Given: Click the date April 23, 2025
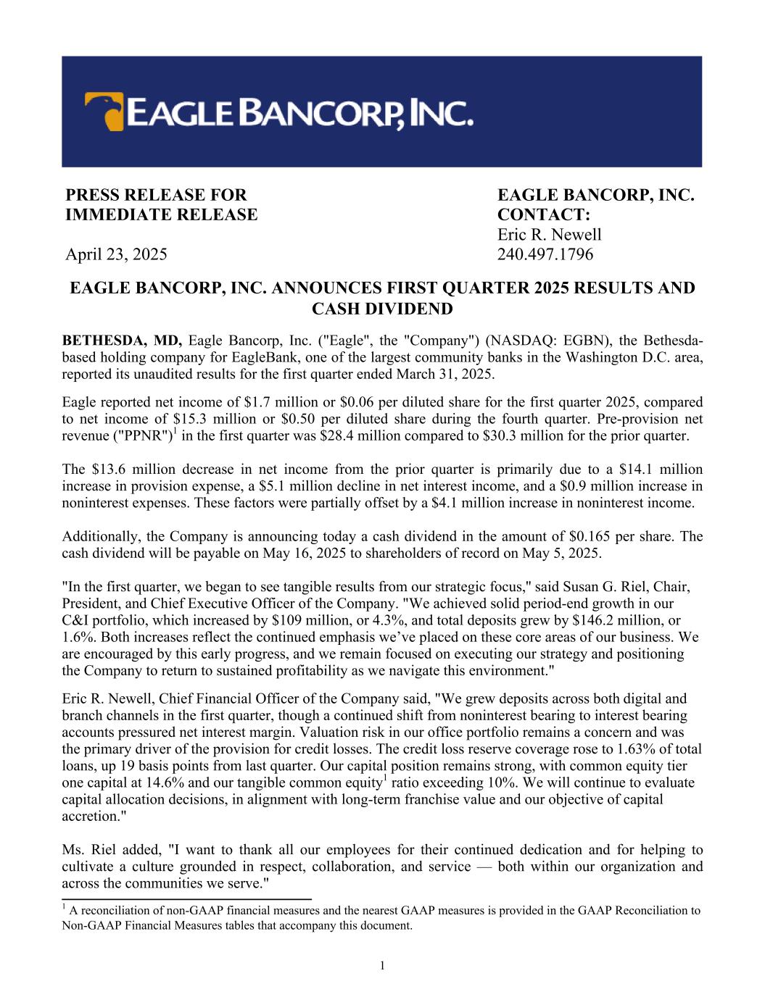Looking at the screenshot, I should tap(116, 254).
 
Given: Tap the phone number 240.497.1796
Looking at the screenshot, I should tap(545, 254).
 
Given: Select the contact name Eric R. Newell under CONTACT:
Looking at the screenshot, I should tap(549, 235).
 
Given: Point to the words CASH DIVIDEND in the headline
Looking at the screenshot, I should tap(382, 309).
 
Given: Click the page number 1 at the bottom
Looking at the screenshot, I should tap(382, 964).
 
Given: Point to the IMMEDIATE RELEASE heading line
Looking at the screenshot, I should tap(161, 215).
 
